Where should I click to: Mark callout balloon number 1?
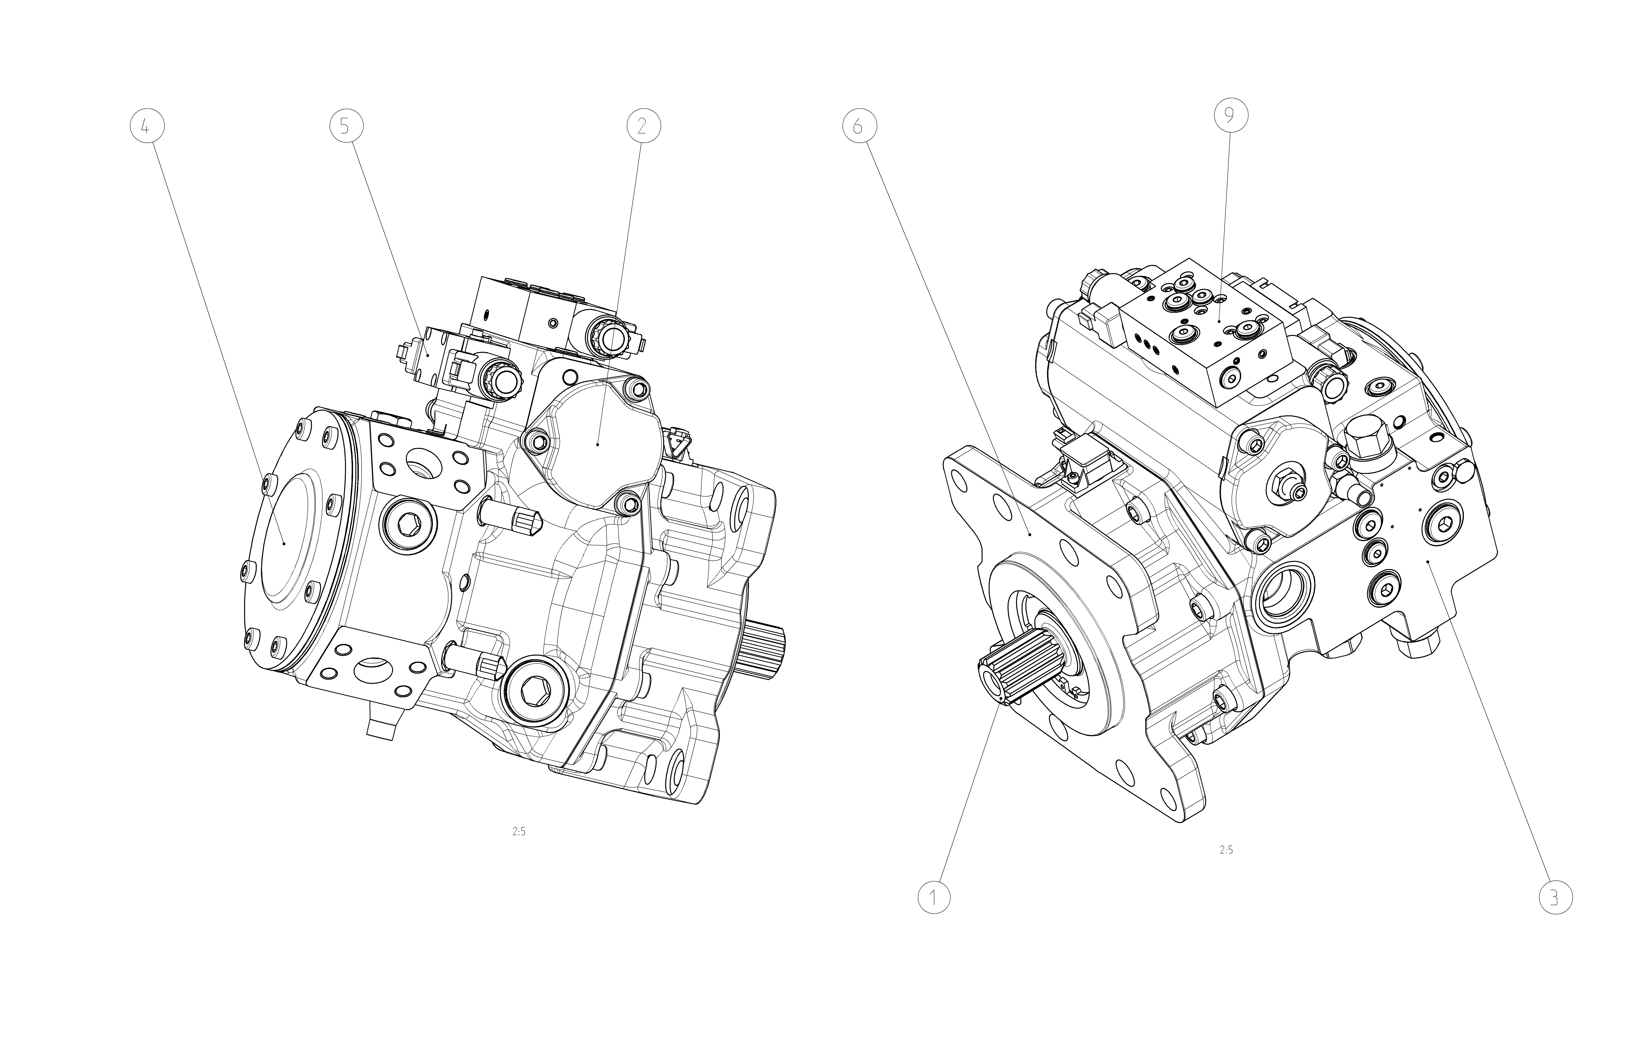(934, 897)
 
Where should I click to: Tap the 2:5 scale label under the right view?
(1226, 850)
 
